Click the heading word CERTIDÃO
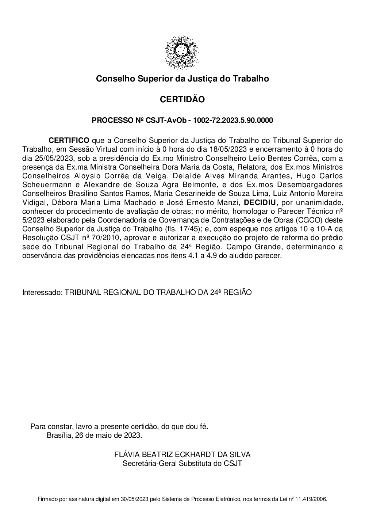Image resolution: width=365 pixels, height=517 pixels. (182, 99)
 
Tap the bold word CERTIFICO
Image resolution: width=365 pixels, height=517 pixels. (69, 140)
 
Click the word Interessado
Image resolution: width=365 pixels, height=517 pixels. (42, 293)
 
